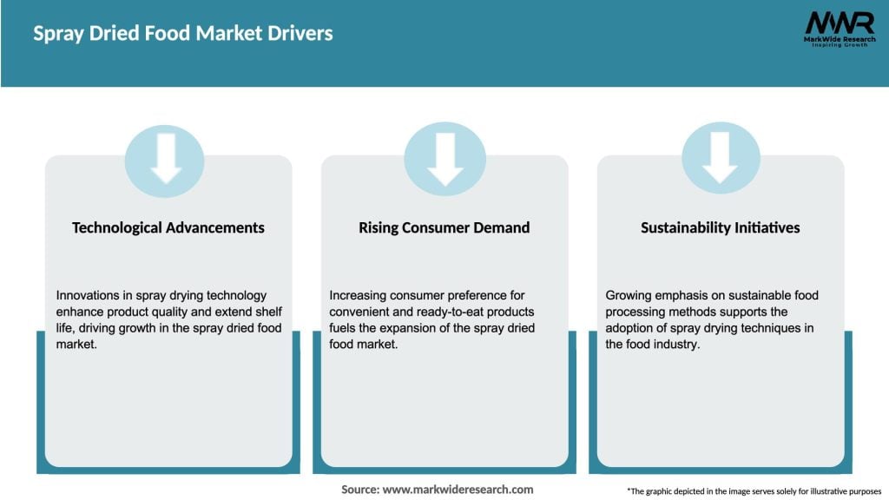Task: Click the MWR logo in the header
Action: (x=840, y=29)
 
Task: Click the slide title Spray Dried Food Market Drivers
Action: (x=183, y=34)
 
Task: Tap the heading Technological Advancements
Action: (x=168, y=228)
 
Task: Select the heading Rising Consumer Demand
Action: (x=444, y=228)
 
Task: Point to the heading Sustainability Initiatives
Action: (x=720, y=228)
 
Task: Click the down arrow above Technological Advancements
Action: (x=166, y=159)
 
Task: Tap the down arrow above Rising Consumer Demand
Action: (x=445, y=160)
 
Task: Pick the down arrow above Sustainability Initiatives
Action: (x=720, y=158)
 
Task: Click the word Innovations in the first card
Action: (x=87, y=295)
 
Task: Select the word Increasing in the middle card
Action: (x=357, y=295)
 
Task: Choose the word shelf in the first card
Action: (x=269, y=312)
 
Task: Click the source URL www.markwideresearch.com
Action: (x=458, y=490)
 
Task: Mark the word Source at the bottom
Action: (x=360, y=490)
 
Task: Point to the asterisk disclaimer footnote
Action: (x=754, y=491)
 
